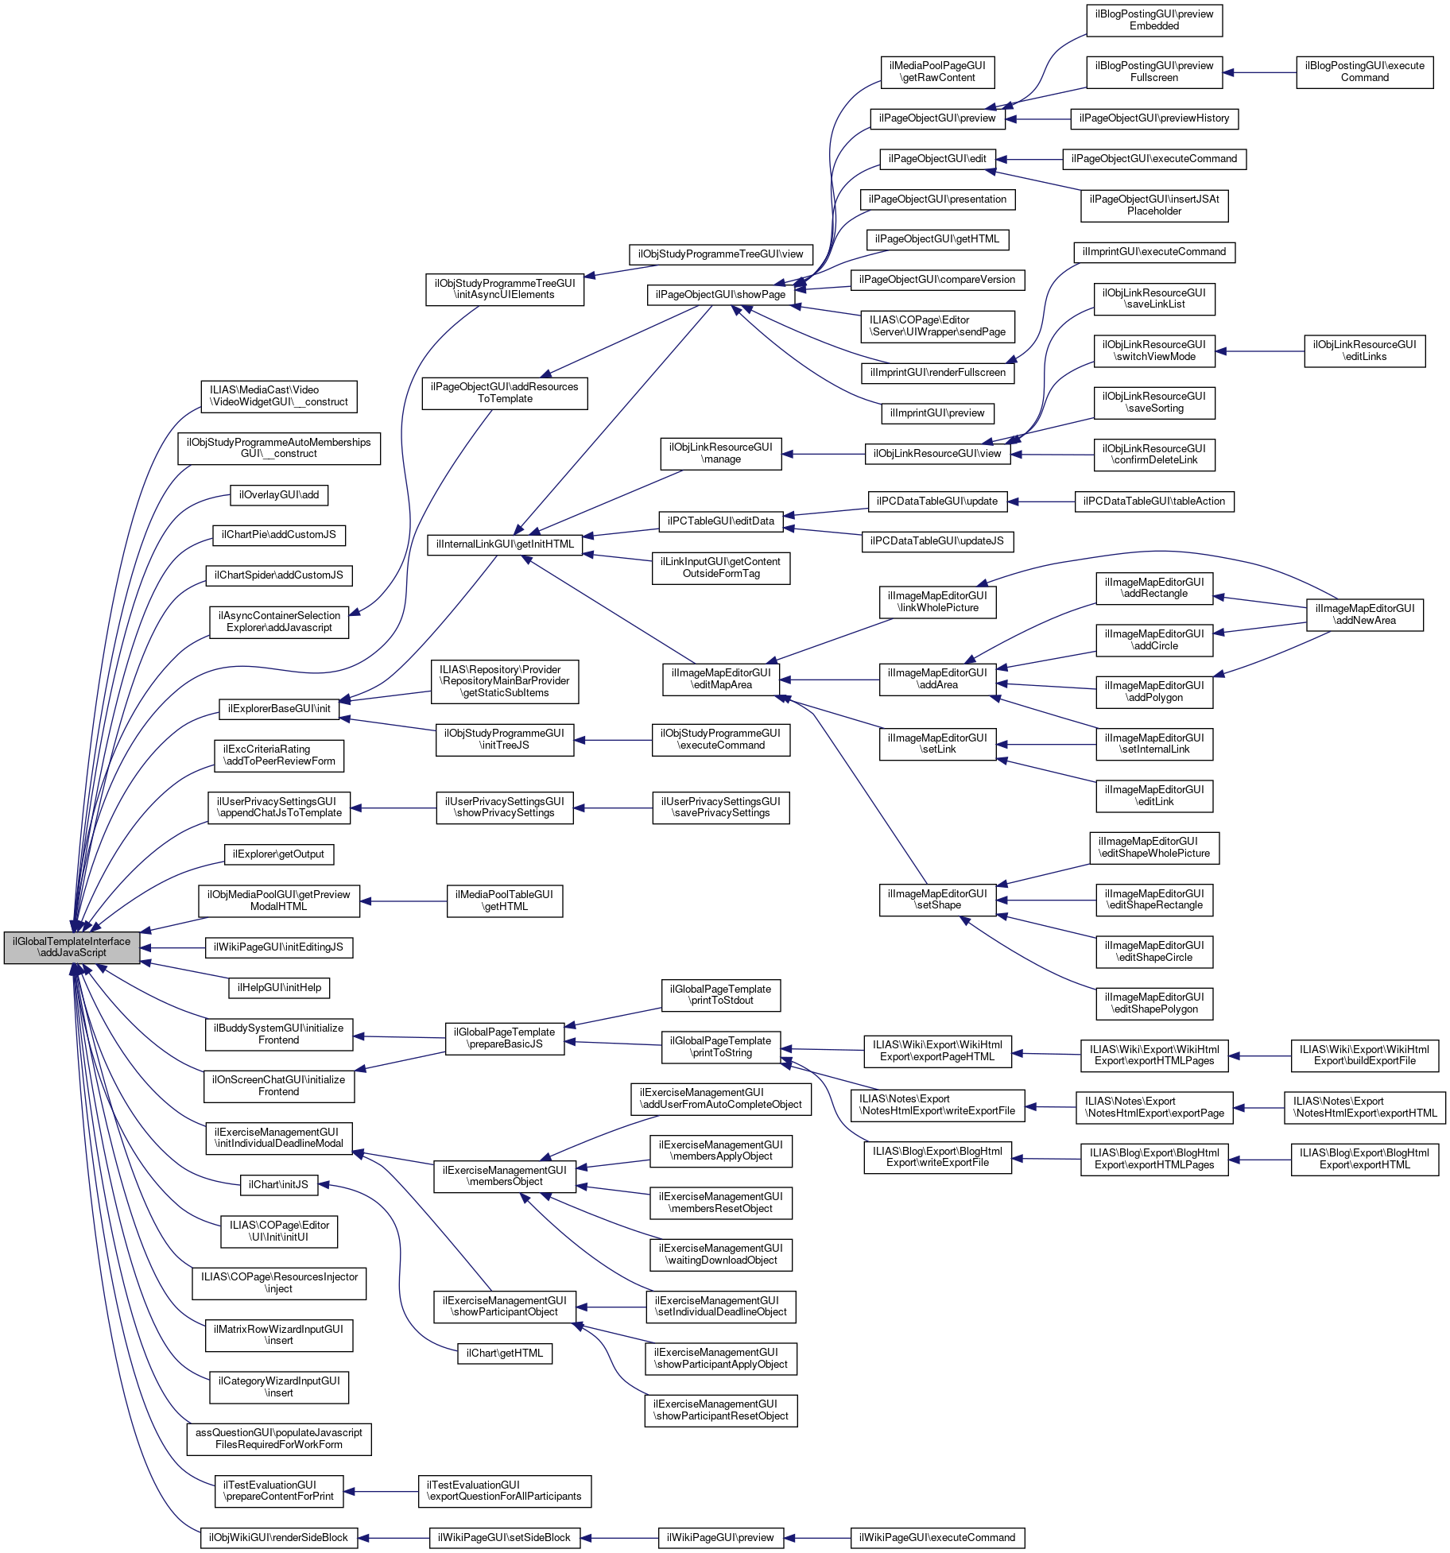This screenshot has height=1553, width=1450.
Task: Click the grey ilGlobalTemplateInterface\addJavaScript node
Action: [72, 947]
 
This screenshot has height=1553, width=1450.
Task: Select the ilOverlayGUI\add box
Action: [278, 495]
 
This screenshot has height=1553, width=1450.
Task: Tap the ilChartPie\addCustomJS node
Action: [278, 535]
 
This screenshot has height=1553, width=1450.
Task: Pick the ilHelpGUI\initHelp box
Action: [279, 988]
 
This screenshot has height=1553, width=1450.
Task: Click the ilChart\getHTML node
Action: [504, 1354]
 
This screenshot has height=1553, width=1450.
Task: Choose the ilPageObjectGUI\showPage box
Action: [720, 295]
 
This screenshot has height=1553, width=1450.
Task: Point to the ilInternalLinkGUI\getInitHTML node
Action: [505, 544]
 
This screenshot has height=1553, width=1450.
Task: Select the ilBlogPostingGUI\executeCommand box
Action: [1364, 72]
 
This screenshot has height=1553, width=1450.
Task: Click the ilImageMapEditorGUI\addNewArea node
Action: [1364, 615]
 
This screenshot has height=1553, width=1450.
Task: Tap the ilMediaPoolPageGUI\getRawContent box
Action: [937, 72]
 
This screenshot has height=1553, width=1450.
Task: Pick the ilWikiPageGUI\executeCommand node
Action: [936, 1538]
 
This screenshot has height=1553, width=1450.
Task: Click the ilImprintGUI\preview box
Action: [937, 413]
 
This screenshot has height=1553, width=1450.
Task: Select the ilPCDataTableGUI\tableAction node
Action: [1153, 502]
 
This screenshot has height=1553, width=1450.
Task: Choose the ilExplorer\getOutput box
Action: [278, 854]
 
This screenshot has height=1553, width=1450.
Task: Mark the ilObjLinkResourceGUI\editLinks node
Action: [1364, 351]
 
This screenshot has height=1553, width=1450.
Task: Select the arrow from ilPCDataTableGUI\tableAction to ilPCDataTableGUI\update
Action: [1041, 502]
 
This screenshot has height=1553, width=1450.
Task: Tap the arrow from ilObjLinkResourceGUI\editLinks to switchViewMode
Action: [1260, 351]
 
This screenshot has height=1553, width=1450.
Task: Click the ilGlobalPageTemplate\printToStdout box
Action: [720, 995]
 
